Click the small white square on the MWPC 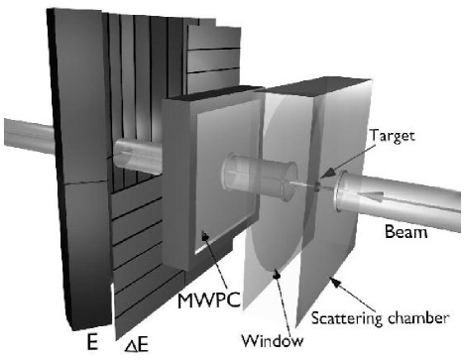click(x=202, y=235)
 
